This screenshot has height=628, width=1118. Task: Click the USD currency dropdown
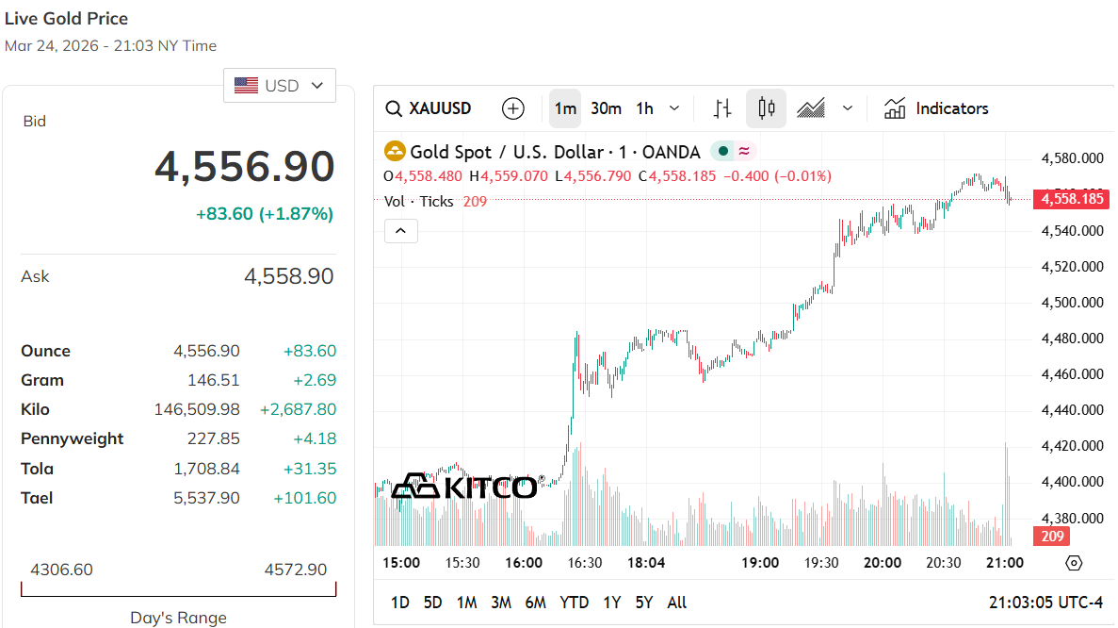pos(279,86)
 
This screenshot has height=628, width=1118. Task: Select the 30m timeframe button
pos(606,108)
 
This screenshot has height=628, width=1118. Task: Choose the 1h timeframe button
pos(644,108)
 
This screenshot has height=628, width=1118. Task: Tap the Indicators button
pos(936,108)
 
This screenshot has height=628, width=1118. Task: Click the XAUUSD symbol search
pos(429,108)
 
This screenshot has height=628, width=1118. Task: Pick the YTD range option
pos(574,603)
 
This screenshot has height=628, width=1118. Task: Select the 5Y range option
pos(644,603)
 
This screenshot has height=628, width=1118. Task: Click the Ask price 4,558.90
pos(288,276)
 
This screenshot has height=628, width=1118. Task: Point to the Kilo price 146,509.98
pos(197,409)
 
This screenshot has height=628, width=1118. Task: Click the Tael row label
pos(37,498)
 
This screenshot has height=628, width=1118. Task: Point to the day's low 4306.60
pos(62,570)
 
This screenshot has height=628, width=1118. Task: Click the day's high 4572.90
pos(295,570)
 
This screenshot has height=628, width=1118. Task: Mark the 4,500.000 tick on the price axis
pos(1072,303)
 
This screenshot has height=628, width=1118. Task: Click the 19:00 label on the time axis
pos(760,563)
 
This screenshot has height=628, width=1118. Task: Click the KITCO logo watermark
pos(464,487)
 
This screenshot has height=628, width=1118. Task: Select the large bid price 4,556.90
pos(244,167)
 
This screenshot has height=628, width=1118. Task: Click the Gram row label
pos(42,380)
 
